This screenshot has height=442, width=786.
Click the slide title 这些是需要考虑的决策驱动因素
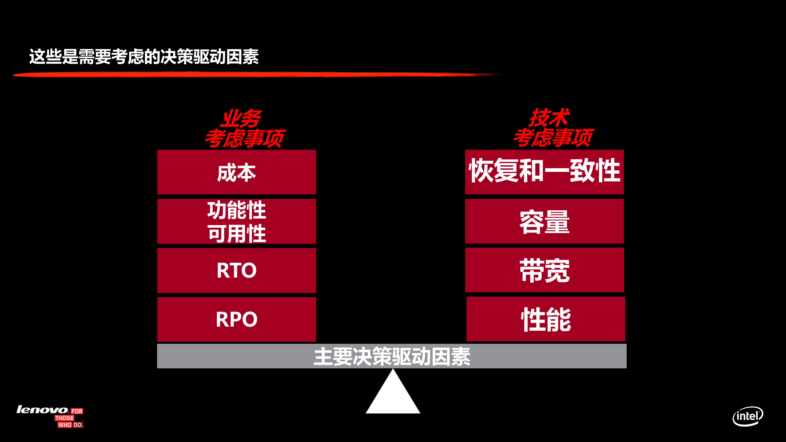pyautogui.click(x=144, y=57)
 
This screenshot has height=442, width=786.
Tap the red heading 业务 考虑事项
pyautogui.click(x=244, y=128)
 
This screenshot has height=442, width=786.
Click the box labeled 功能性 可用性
pyautogui.click(x=237, y=221)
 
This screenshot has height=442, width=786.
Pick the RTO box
pyautogui.click(x=237, y=270)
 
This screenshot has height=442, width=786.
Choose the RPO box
pyautogui.click(x=237, y=319)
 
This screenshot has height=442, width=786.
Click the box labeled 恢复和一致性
pyautogui.click(x=544, y=172)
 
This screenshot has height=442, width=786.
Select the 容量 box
pyautogui.click(x=544, y=221)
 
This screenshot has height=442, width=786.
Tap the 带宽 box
pyautogui.click(x=545, y=270)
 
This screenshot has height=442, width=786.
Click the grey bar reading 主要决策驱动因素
pyautogui.click(x=392, y=356)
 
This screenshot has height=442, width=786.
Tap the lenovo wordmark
pyautogui.click(x=42, y=410)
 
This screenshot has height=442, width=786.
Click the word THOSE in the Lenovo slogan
pyautogui.click(x=64, y=418)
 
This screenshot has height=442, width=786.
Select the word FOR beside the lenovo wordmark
pyautogui.click(x=77, y=411)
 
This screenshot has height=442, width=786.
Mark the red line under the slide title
pyautogui.click(x=244, y=74)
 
